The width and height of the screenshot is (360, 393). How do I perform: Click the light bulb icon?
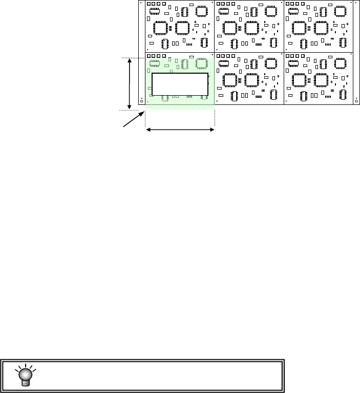pos(23,375)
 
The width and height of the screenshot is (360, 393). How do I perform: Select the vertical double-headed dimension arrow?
pos(130,83)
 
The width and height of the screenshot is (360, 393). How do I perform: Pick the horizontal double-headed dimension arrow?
pos(180,130)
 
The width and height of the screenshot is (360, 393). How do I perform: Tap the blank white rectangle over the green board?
pos(180,86)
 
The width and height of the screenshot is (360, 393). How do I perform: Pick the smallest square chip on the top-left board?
pos(202,10)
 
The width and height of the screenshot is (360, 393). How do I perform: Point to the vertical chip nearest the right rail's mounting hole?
pos(343,96)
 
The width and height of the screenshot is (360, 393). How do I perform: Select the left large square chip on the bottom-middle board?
pos(230,80)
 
